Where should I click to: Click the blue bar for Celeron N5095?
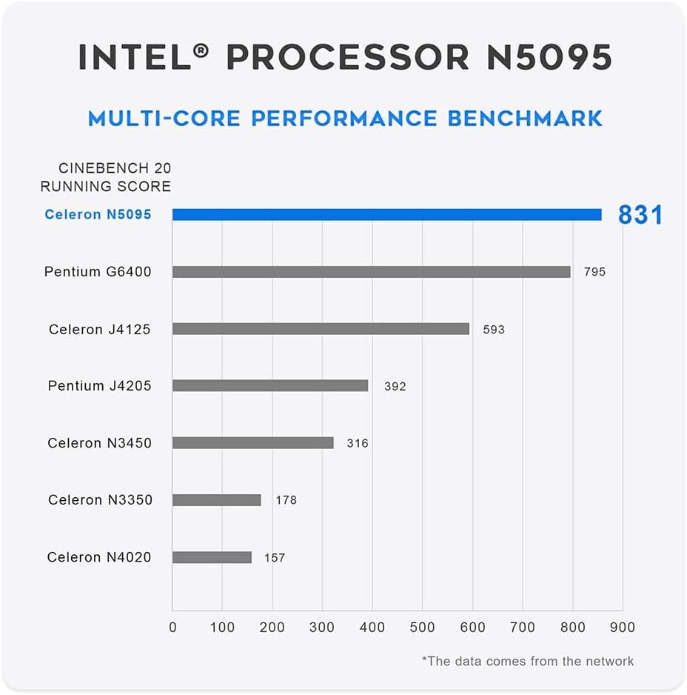tap(386, 215)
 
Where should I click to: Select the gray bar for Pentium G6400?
tap(371, 272)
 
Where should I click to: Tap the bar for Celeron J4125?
tap(321, 329)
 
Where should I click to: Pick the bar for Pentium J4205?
tap(270, 386)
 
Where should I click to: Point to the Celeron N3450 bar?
tap(252, 443)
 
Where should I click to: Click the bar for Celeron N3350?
tap(217, 500)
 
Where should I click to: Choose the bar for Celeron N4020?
tap(212, 557)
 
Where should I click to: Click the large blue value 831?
tap(640, 215)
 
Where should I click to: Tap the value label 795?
tap(594, 272)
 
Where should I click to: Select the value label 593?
tap(493, 329)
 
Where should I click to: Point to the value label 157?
tap(274, 557)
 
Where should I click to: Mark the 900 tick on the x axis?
tap(623, 628)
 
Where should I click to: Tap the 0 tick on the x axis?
tap(172, 628)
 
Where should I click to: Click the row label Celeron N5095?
tap(98, 215)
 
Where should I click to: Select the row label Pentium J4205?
tap(99, 386)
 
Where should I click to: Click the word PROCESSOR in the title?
tap(347, 57)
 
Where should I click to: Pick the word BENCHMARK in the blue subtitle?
tap(525, 119)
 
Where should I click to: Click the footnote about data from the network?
tap(528, 661)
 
